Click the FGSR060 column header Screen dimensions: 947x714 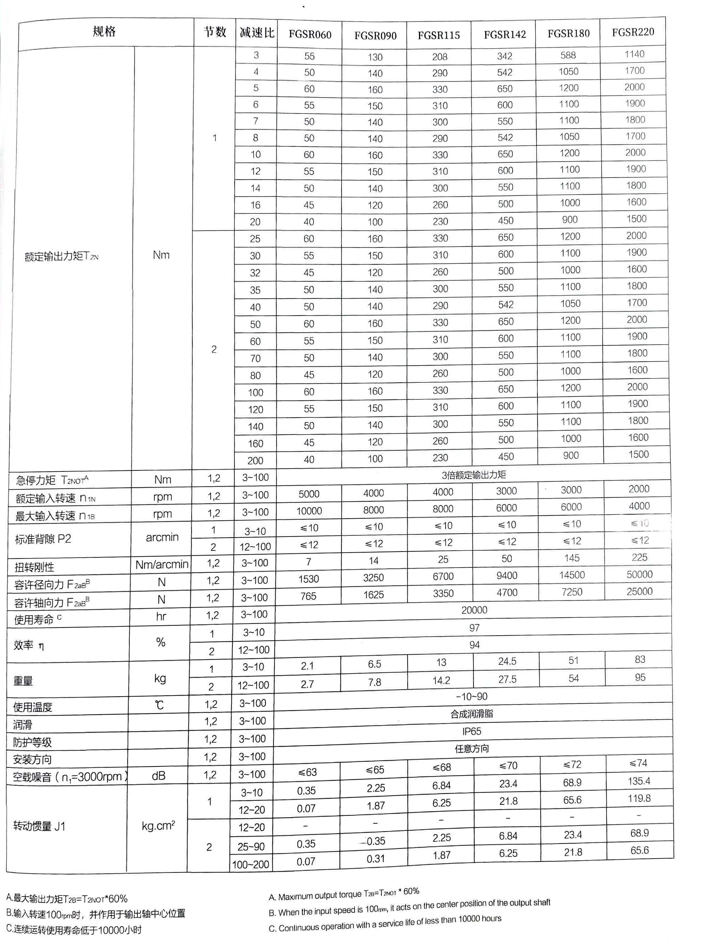click(x=310, y=34)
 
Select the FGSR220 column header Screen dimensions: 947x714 click(x=632, y=32)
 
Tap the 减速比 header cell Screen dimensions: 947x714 click(x=257, y=33)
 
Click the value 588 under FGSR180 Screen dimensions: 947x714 click(x=568, y=55)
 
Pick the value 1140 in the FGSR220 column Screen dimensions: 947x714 click(x=634, y=54)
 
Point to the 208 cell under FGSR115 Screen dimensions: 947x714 click(x=439, y=57)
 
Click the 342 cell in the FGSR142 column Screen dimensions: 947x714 click(x=505, y=56)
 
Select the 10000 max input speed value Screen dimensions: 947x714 click(x=309, y=511)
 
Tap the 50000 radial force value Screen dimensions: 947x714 click(x=639, y=575)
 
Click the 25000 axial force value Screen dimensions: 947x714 click(x=639, y=592)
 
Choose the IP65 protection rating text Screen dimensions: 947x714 click(x=472, y=732)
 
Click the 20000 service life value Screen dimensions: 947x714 click(x=474, y=610)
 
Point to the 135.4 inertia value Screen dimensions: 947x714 click(x=639, y=781)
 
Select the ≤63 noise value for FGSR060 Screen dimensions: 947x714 click(x=307, y=772)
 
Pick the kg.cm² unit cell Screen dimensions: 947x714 click(x=158, y=825)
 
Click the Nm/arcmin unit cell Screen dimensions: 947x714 click(x=162, y=565)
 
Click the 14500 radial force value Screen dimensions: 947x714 click(x=572, y=575)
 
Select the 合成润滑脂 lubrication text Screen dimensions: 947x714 click(x=472, y=714)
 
